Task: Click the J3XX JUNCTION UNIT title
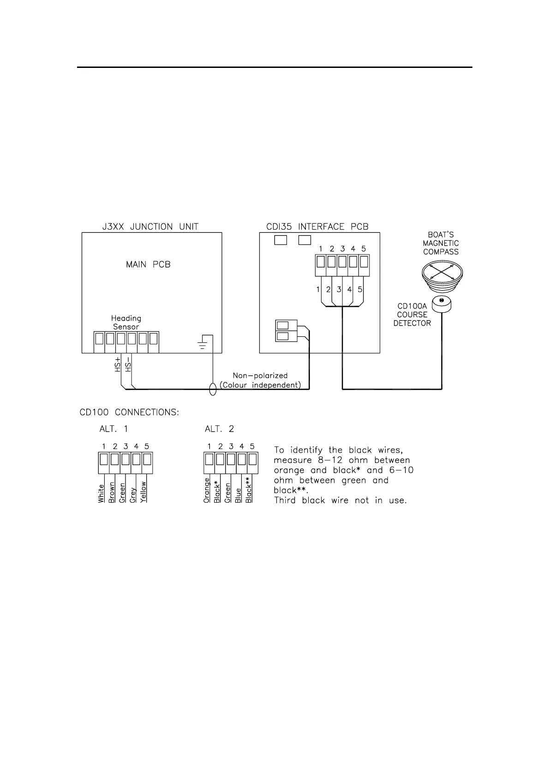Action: tap(150, 227)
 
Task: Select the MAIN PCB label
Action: tap(148, 265)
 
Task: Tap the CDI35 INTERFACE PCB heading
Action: tap(317, 227)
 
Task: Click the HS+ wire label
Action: tap(117, 365)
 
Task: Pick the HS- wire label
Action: tap(128, 365)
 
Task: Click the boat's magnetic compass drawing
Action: tap(442, 276)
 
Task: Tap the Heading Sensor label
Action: tap(126, 322)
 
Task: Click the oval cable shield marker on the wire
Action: tap(213, 389)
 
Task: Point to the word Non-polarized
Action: tap(260, 376)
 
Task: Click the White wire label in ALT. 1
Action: tap(101, 493)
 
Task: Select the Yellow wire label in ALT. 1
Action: tap(143, 492)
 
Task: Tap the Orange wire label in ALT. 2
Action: tap(207, 491)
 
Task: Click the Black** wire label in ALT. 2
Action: tap(249, 490)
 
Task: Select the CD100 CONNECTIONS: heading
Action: tap(129, 412)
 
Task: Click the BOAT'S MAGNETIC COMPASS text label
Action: tap(441, 243)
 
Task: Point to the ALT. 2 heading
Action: tap(219, 429)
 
